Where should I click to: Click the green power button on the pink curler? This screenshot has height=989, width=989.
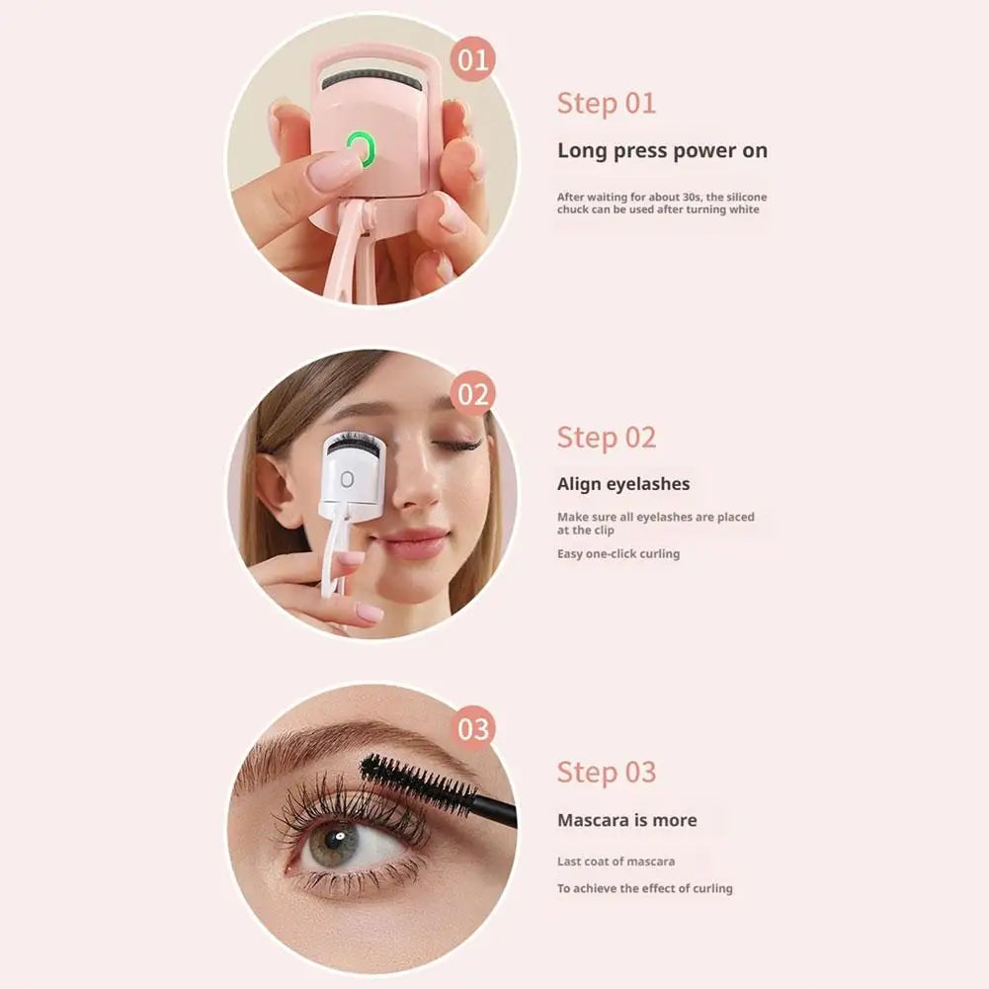tap(362, 149)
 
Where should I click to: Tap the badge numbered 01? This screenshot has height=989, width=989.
tap(473, 61)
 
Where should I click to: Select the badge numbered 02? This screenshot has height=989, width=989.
tap(473, 395)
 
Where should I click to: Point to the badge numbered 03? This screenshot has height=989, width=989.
tap(473, 729)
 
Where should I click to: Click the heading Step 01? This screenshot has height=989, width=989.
tap(606, 103)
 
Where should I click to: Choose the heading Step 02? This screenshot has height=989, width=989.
tap(606, 437)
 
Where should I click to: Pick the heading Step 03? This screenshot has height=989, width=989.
tap(606, 772)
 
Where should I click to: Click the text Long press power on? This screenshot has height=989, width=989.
tap(662, 151)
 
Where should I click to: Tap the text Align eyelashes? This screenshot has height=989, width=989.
tap(623, 484)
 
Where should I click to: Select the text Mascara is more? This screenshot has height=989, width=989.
tap(626, 820)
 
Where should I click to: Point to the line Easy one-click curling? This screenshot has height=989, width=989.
tap(618, 554)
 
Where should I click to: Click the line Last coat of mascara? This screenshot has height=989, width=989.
tap(616, 862)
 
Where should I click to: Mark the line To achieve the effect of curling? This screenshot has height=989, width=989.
tap(644, 888)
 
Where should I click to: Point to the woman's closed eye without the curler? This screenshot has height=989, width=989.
tap(455, 447)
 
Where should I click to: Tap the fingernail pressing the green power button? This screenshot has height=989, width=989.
tap(330, 169)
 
